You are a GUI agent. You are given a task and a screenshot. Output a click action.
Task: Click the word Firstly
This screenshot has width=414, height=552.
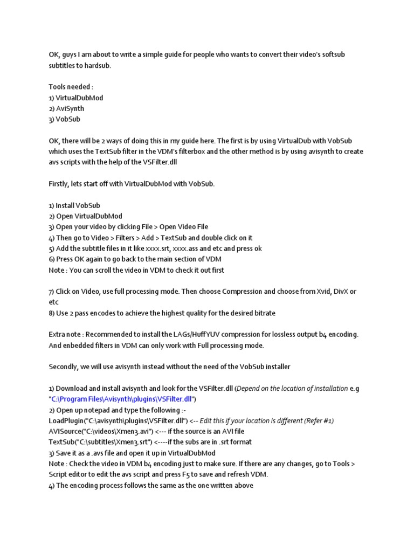(59, 184)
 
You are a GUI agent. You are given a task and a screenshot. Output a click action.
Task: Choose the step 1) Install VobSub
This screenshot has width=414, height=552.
(74, 205)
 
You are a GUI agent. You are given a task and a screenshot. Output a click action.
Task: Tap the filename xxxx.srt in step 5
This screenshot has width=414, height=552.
(161, 249)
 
